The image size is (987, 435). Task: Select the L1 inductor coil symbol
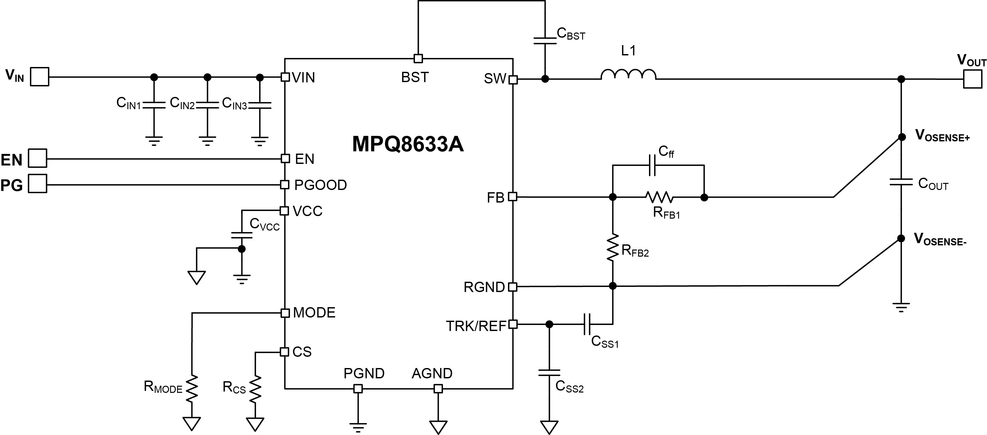coord(628,74)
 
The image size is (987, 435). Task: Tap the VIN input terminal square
coord(40,77)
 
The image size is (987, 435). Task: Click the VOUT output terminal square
coord(973,79)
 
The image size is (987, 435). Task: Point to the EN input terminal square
coord(38,158)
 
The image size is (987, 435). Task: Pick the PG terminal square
coord(38,184)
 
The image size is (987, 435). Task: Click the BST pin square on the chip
coord(418,59)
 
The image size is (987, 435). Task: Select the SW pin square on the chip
coord(513,80)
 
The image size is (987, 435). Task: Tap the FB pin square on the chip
coord(513,197)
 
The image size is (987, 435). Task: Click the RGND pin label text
coord(484,287)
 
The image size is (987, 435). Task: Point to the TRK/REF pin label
coord(476,326)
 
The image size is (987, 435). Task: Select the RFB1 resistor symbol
coord(659,197)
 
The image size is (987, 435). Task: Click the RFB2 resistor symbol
coord(613,248)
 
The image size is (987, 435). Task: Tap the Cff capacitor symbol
coord(652,165)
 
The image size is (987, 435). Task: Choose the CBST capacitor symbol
coord(545,41)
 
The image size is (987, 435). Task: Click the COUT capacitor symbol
coord(901,182)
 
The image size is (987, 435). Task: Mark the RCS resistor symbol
coord(255,389)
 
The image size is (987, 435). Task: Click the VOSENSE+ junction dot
coord(902,137)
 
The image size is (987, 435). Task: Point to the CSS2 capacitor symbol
coord(549,373)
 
